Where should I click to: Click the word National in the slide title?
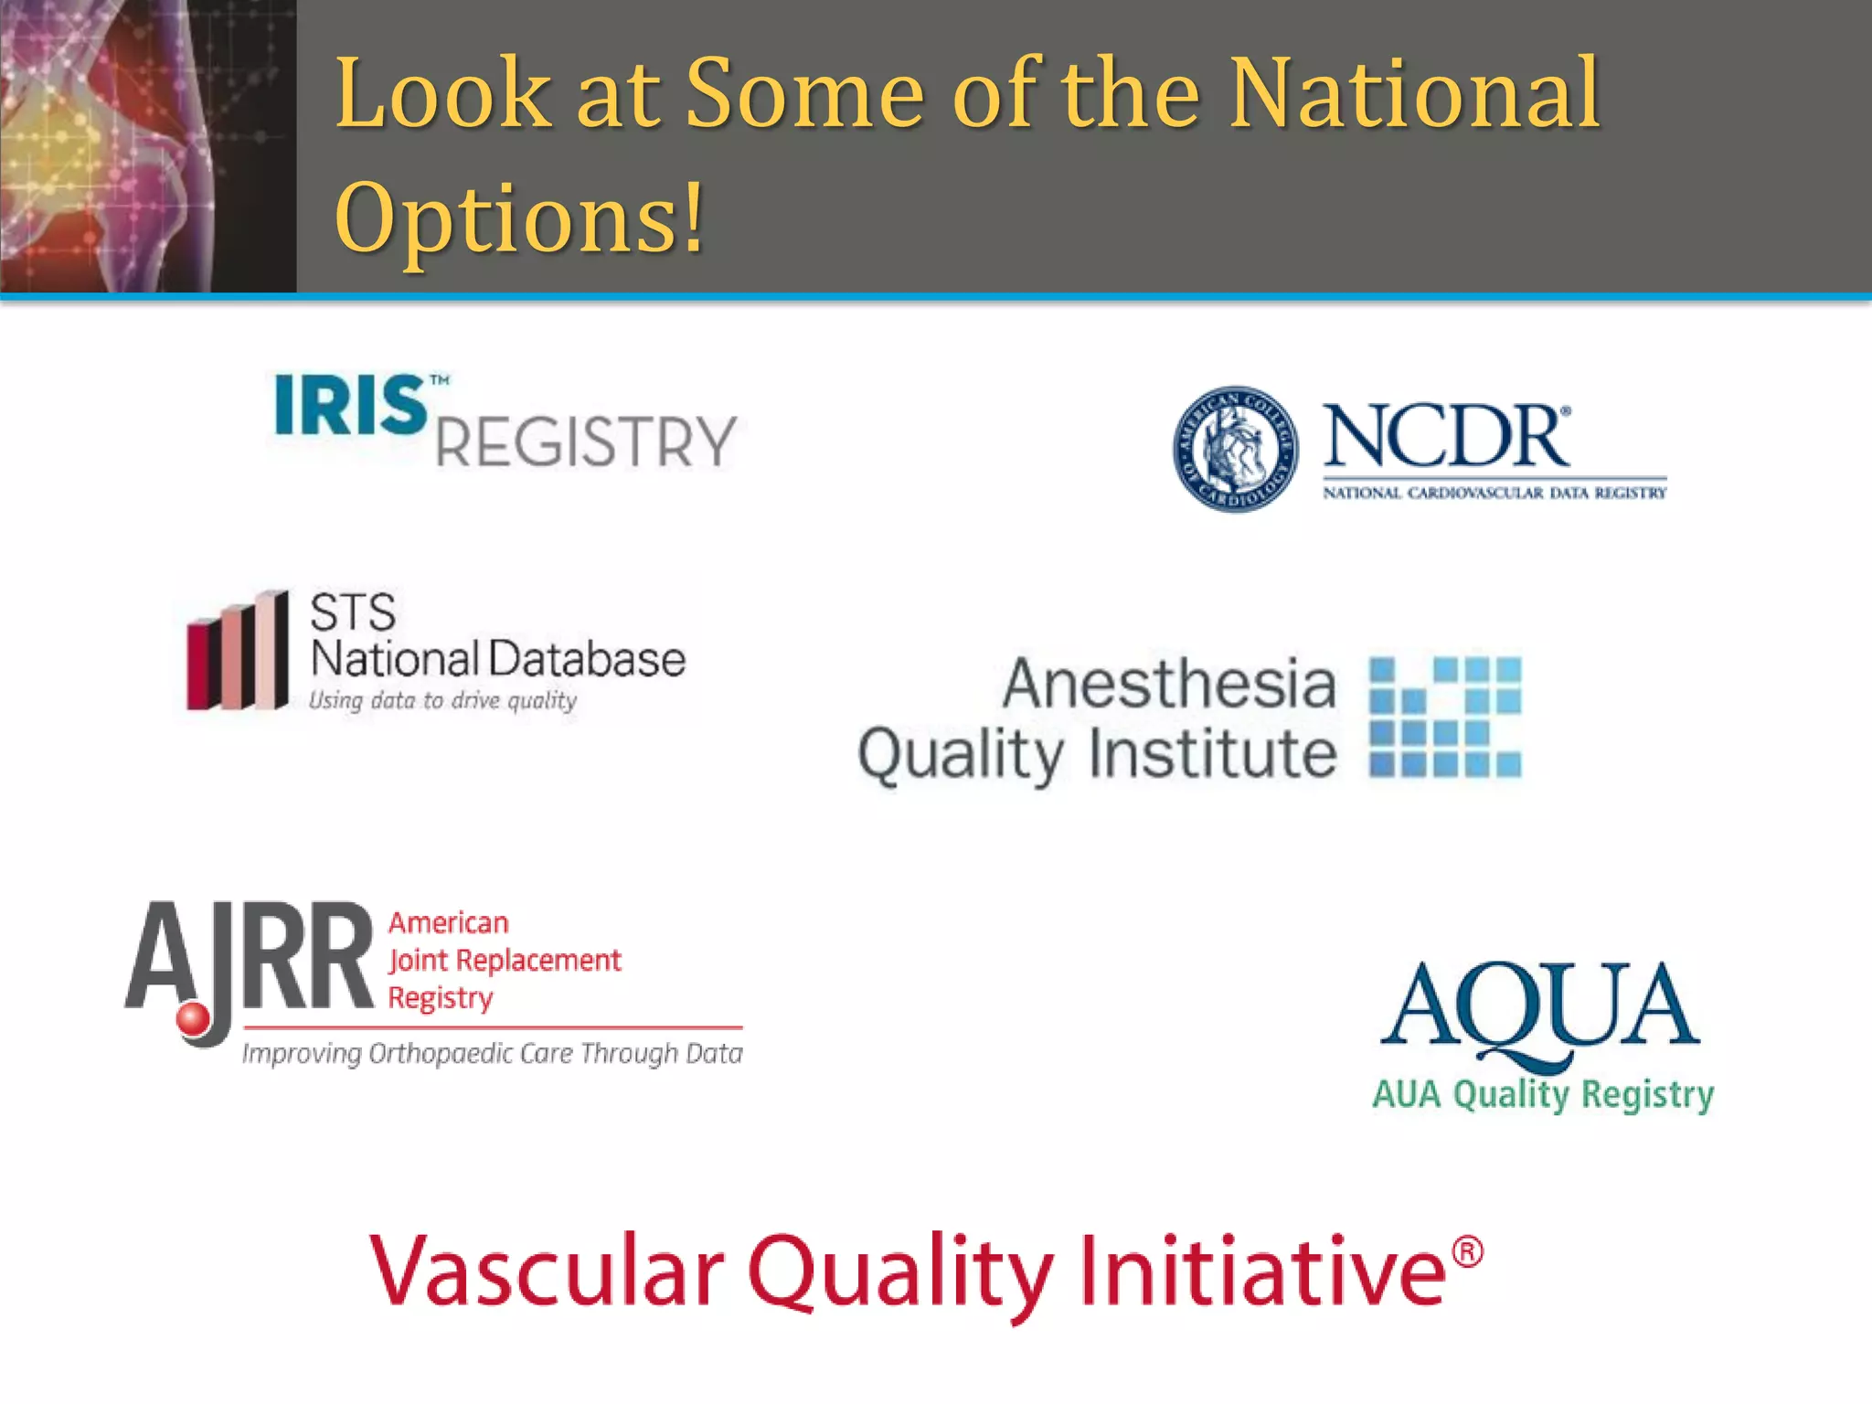[x=1414, y=93]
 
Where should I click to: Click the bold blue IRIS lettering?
[x=351, y=405]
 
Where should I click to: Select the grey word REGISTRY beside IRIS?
[x=586, y=442]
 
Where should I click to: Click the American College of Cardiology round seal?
[x=1235, y=448]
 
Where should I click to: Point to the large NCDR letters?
[x=1446, y=437]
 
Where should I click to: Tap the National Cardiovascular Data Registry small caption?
[x=1494, y=494]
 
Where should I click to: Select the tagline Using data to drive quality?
[x=442, y=701]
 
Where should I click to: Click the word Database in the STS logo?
[x=586, y=659]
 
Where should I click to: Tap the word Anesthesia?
[x=1169, y=684]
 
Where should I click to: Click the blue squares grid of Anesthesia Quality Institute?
[x=1445, y=717]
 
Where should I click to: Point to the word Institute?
[x=1213, y=755]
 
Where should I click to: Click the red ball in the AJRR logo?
[x=193, y=1019]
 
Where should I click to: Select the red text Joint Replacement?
[x=505, y=961]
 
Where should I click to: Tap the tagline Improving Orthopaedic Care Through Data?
[x=492, y=1054]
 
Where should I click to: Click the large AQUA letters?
[x=1540, y=1007]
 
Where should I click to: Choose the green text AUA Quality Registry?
[x=1543, y=1094]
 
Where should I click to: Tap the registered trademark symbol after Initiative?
[x=1467, y=1251]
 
